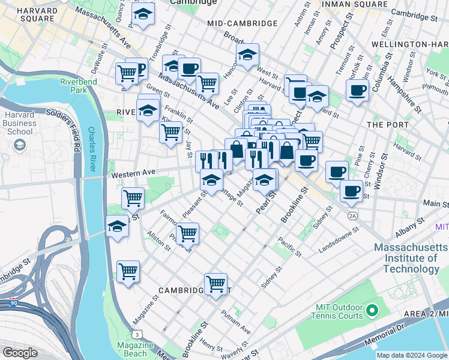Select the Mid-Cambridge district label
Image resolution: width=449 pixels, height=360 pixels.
pos(242,23)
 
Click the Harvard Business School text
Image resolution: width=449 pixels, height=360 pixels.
pos(20,123)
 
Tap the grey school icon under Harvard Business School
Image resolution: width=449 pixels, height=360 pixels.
pos(20,145)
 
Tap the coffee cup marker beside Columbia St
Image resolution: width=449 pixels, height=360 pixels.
pos(358,91)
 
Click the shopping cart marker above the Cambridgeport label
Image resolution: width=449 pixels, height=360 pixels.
pos(215,283)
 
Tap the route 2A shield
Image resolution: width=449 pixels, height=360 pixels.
pos(353,215)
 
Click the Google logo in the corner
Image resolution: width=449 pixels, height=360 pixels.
pos(20,353)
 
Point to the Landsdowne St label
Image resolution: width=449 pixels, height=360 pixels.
pos(339,233)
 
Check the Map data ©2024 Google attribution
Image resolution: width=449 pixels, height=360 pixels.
pos(411,355)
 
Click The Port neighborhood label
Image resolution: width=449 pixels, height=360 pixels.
pos(382,124)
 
